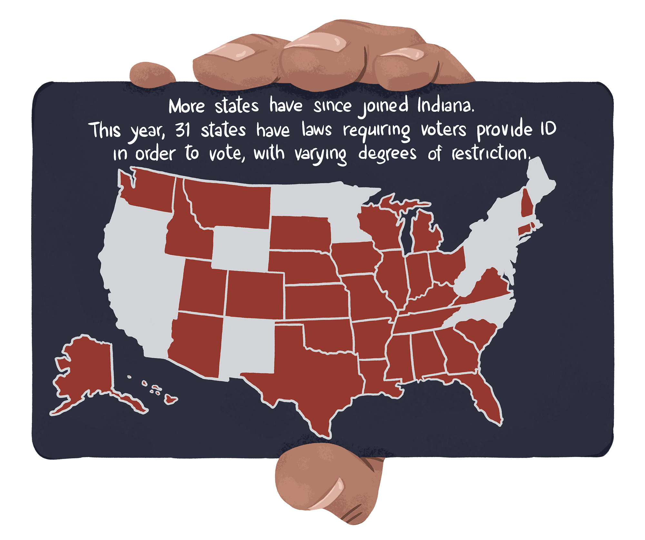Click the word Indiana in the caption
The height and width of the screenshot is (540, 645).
(x=446, y=105)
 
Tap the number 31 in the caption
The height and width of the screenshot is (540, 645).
(x=183, y=130)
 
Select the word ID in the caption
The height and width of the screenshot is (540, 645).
(x=549, y=129)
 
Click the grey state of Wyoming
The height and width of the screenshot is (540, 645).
(x=240, y=249)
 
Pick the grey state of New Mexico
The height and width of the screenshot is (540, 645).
(x=247, y=346)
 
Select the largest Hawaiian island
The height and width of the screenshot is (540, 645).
(x=170, y=399)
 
